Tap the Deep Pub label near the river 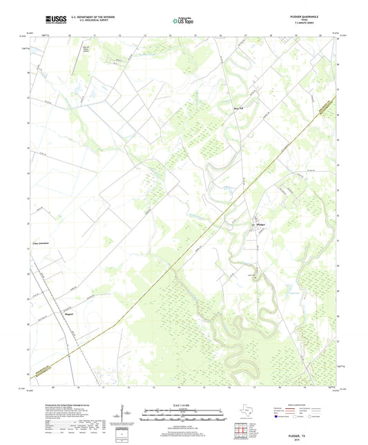click(237, 107)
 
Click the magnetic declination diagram click(122, 415)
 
